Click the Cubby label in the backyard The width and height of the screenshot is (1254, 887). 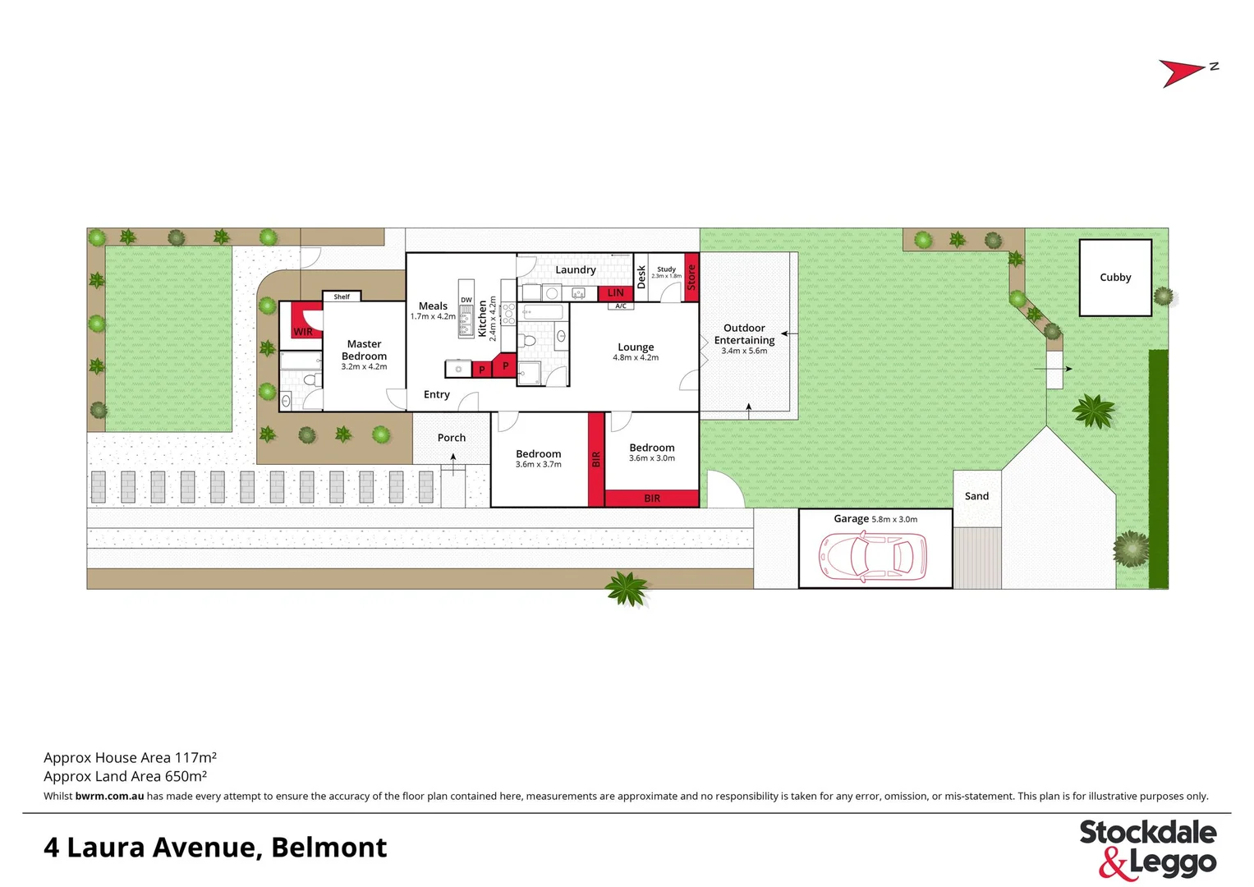[x=1114, y=278]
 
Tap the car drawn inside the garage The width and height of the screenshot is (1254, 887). [x=872, y=556]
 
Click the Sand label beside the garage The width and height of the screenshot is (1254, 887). [x=976, y=496]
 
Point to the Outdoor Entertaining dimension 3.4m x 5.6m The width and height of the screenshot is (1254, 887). [x=744, y=352]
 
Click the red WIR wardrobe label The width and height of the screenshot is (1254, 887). [x=303, y=332]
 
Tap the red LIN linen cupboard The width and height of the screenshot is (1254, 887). [x=615, y=292]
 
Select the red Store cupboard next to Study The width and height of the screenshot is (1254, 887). [x=691, y=277]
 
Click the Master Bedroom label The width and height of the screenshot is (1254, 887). [x=364, y=350]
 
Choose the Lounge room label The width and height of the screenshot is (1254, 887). [x=636, y=347]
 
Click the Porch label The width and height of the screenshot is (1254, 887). [x=451, y=438]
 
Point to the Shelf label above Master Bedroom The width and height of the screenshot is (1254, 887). [x=342, y=296]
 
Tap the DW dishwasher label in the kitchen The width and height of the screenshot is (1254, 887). [x=466, y=301]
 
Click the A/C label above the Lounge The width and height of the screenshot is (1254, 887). [x=621, y=306]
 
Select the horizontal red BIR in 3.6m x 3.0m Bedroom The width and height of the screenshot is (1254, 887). [x=652, y=499]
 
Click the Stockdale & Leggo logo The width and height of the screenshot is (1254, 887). [x=1147, y=848]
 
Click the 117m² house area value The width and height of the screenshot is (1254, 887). [x=195, y=758]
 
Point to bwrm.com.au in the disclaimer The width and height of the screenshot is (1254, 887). [x=109, y=796]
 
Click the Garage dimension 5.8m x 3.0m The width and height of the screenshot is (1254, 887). [x=894, y=519]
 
